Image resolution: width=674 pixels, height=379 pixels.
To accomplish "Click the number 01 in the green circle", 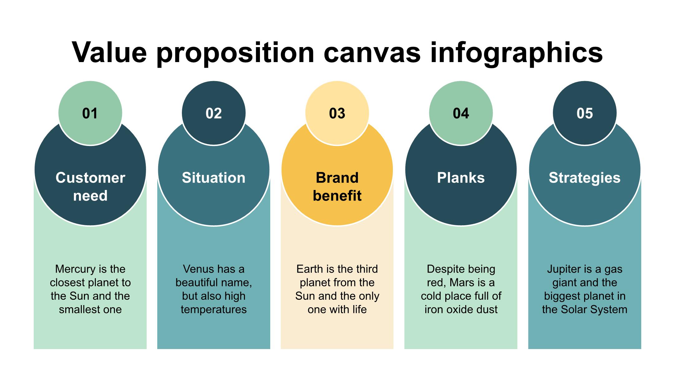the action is pyautogui.click(x=90, y=113).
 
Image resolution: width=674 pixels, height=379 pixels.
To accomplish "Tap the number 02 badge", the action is pyautogui.click(x=214, y=113).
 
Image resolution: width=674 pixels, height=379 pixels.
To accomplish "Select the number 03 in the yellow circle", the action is pyautogui.click(x=337, y=113).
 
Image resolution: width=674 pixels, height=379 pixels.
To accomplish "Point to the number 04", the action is pyautogui.click(x=461, y=113).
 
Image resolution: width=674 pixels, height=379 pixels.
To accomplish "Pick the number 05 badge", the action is pyautogui.click(x=584, y=113).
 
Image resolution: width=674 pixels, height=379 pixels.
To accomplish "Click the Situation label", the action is pyautogui.click(x=214, y=178).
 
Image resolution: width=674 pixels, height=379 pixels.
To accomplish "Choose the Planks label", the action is pyautogui.click(x=461, y=178).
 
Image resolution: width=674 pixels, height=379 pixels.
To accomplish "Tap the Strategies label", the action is pyautogui.click(x=584, y=178).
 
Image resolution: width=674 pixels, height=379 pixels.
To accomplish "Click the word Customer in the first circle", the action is pyautogui.click(x=90, y=178).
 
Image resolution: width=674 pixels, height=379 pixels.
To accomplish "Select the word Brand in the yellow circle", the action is pyautogui.click(x=337, y=178).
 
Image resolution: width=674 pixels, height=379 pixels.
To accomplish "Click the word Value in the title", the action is pyautogui.click(x=109, y=52).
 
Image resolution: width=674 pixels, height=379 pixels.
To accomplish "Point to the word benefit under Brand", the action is pyautogui.click(x=337, y=196).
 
